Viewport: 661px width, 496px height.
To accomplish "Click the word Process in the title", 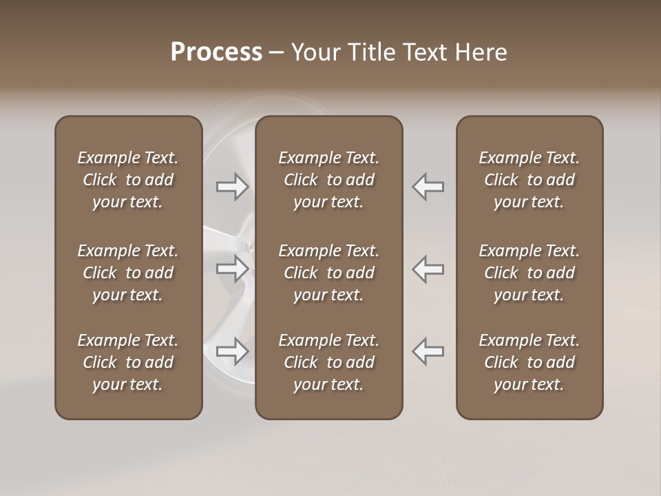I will tap(216, 52).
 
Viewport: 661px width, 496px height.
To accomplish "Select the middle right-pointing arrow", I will tap(233, 269).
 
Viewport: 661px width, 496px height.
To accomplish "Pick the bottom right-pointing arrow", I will tap(233, 351).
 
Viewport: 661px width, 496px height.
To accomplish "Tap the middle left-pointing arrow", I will tap(428, 269).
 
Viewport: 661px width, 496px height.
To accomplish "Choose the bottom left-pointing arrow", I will tap(428, 351).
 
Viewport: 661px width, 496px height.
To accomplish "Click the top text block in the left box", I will tap(128, 180).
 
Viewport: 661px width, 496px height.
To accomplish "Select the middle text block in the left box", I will tap(128, 273).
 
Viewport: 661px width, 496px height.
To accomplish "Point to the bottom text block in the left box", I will tap(128, 362).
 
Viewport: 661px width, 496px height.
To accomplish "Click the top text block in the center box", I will tap(328, 180).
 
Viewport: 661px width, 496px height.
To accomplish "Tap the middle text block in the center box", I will tap(328, 273).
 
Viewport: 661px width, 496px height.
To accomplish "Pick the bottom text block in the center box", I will tap(328, 362).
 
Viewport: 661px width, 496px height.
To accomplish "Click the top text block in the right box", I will tap(529, 180).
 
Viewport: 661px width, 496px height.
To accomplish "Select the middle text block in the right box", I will tap(529, 273).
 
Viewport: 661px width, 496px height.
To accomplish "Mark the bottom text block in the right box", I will tap(529, 362).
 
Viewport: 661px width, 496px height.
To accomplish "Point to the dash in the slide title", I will tap(276, 53).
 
